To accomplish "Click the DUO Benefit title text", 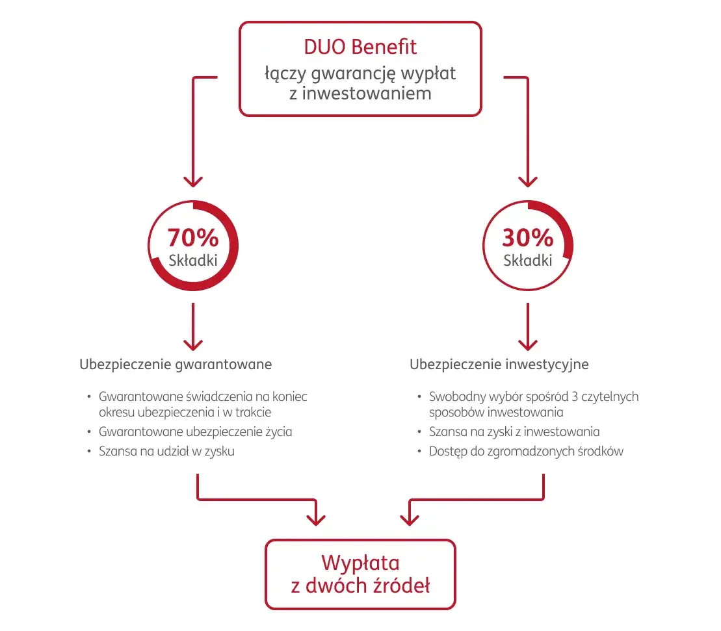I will [x=360, y=47].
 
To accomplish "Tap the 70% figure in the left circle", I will [x=193, y=238].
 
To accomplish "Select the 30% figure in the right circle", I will [x=527, y=238].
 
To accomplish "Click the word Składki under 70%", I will [x=193, y=261].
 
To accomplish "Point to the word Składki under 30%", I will [x=527, y=261].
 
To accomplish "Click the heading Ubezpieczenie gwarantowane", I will [x=176, y=364].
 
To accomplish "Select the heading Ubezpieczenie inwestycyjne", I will [x=499, y=364].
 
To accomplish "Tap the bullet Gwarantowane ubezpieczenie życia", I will [x=195, y=431].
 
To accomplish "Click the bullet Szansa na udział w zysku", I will [x=166, y=451].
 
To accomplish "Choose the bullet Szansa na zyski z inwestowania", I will [x=514, y=431].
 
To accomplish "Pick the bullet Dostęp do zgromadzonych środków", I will [x=526, y=451].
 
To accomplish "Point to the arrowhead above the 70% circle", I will [x=193, y=180].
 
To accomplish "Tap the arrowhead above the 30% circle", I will [x=527, y=180].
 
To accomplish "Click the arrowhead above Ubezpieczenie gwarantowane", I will [x=193, y=342].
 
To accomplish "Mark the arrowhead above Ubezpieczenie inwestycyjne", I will [x=527, y=342].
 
